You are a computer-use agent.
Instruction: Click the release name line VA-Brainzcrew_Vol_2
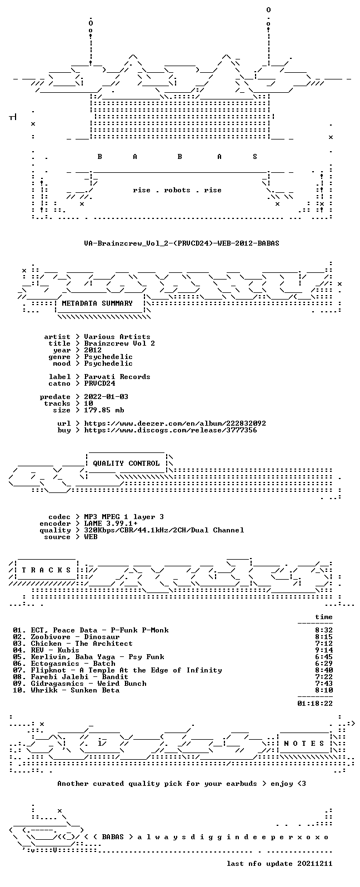(x=181, y=243)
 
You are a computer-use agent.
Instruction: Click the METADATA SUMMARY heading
(x=97, y=303)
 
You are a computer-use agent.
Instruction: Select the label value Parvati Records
(x=117, y=377)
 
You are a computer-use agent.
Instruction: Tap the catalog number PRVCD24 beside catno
(x=99, y=383)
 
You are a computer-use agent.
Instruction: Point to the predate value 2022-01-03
(x=106, y=397)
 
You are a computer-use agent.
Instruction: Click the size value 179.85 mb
(x=104, y=410)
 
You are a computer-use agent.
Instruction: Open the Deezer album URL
(x=175, y=423)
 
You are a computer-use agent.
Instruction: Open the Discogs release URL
(x=171, y=430)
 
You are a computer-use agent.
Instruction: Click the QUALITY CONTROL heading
(x=126, y=464)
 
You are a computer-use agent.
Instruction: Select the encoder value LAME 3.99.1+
(x=111, y=524)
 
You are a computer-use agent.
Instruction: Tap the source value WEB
(x=91, y=537)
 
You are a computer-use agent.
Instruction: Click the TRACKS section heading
(x=46, y=570)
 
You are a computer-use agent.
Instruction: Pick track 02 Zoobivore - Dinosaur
(x=66, y=637)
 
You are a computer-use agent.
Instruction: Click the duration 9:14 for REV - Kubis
(x=324, y=650)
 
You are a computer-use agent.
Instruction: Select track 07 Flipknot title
(x=117, y=670)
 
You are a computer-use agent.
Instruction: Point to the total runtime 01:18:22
(x=315, y=703)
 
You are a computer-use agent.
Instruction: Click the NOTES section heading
(x=304, y=743)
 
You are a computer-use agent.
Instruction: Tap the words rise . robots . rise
(x=177, y=190)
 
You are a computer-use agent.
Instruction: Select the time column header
(x=324, y=617)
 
